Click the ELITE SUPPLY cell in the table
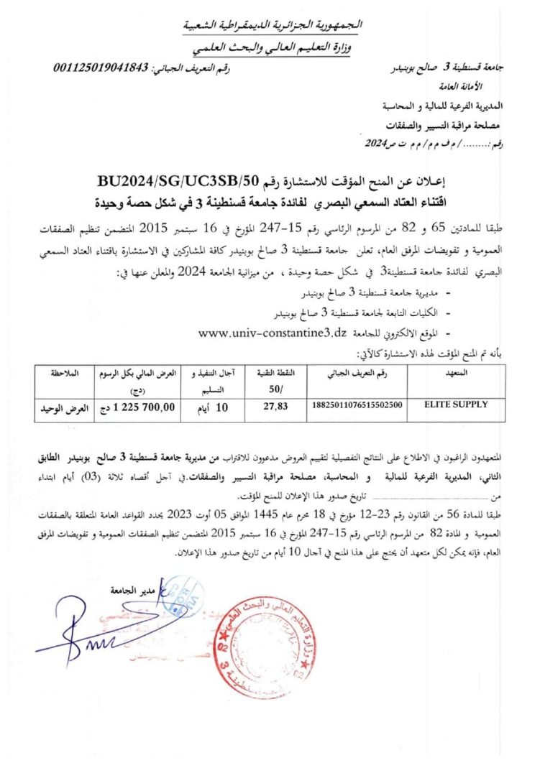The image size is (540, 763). pos(456,404)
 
